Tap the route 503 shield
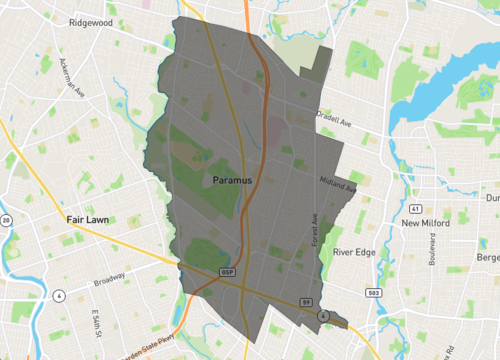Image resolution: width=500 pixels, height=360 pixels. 373,292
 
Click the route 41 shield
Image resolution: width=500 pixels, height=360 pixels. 412,208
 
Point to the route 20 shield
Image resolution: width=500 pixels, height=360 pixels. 6,220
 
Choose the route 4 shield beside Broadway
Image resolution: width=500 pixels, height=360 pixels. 59,296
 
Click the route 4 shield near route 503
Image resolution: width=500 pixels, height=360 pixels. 324,315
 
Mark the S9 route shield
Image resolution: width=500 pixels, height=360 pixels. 308,300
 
